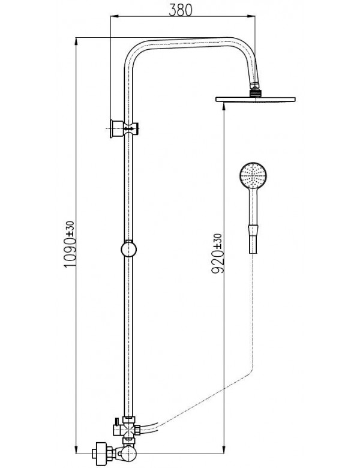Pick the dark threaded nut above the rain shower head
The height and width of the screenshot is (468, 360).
click(257, 92)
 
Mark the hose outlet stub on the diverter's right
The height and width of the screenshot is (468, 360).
click(139, 429)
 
